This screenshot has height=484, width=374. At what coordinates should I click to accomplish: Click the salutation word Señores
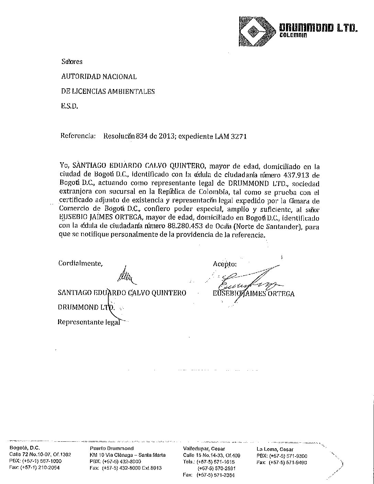point(72,62)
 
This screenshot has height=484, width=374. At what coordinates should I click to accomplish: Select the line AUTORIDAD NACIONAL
point(99,77)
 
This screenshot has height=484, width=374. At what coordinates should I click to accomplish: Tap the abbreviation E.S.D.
point(69,106)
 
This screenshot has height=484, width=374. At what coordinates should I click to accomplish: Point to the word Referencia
point(78,136)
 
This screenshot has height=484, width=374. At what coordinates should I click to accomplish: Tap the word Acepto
point(225,264)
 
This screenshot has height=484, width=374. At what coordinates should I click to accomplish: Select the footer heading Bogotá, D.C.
point(25,448)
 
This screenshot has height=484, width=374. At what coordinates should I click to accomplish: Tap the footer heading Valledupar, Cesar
point(204,449)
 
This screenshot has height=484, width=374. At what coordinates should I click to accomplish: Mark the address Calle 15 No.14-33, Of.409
point(211,455)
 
